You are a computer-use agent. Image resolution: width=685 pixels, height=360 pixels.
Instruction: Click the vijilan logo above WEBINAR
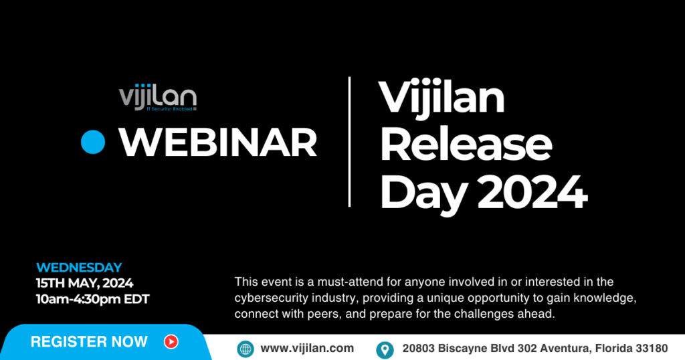pos(158,97)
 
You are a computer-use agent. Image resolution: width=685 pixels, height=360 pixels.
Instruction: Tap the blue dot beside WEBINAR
pos(93,142)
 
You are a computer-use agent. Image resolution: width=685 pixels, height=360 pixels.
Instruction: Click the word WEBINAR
pos(217,143)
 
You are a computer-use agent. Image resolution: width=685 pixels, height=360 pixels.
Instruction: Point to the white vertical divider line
pos(349,142)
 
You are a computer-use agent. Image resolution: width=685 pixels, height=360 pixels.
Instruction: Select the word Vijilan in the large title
pos(442,98)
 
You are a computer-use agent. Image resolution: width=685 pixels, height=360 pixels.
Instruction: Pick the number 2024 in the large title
pos(532,192)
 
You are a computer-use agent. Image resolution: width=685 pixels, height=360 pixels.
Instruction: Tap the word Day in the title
pos(423,195)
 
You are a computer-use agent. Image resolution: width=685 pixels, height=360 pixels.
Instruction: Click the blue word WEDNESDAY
pos(79,268)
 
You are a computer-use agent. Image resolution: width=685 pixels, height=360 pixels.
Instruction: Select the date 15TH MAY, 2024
pos(85,283)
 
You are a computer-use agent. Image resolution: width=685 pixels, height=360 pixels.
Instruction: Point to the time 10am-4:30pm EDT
pos(92,299)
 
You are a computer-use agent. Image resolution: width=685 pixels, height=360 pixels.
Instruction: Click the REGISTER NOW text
pos(89,342)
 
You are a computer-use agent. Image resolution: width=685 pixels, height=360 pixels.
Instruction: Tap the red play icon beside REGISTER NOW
pos(171,342)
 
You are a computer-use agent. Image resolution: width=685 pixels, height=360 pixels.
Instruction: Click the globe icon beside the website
pos(246,349)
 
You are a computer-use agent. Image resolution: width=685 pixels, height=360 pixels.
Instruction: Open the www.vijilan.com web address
pos(307,348)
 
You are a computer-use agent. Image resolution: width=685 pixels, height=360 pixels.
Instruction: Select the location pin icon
pos(385,350)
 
